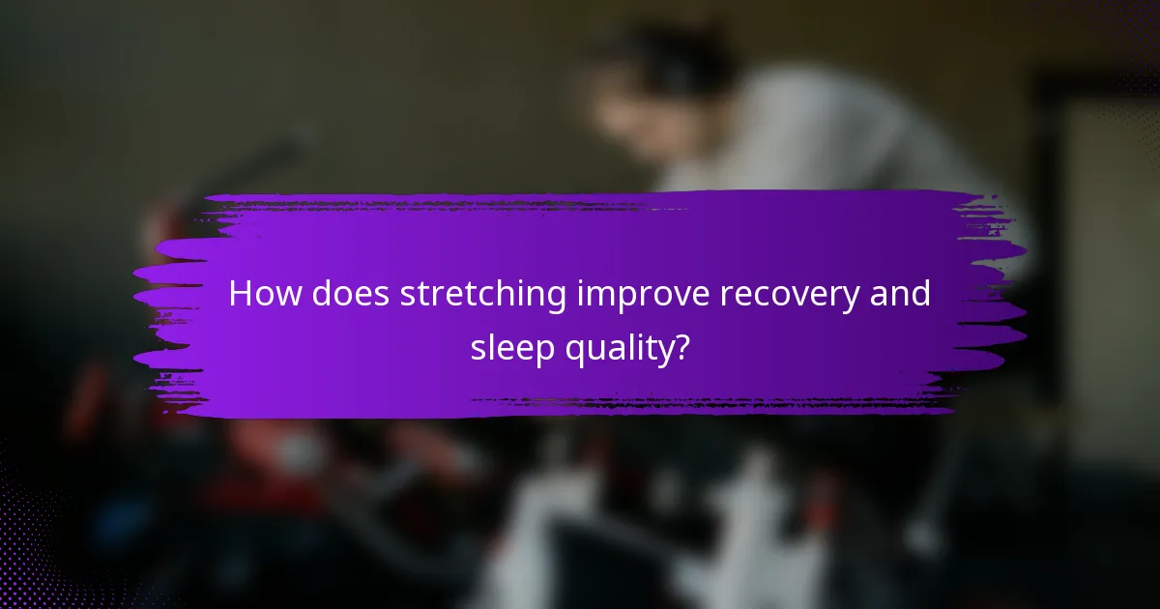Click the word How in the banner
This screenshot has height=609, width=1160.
(262, 295)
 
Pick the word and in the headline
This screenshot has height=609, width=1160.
(905, 295)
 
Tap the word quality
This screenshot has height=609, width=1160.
(620, 347)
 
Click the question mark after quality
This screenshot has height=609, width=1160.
(681, 345)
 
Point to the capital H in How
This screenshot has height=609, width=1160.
(240, 295)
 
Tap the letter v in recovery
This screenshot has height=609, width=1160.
(804, 297)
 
